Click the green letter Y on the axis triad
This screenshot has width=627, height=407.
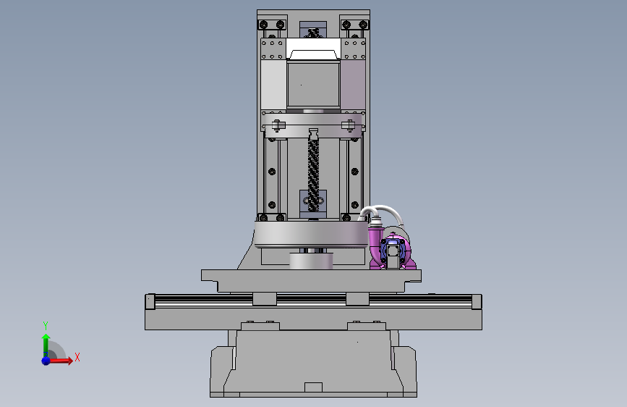click(x=46, y=325)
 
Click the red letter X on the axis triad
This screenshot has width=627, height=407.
click(x=77, y=357)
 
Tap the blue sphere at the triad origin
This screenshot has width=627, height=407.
click(x=46, y=361)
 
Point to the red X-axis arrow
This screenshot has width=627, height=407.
click(x=59, y=361)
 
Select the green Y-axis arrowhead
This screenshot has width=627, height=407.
click(x=46, y=337)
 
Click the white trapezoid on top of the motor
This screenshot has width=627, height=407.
click(x=313, y=55)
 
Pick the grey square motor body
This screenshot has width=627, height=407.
click(x=313, y=84)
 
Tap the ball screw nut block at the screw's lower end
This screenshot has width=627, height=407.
click(x=313, y=204)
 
